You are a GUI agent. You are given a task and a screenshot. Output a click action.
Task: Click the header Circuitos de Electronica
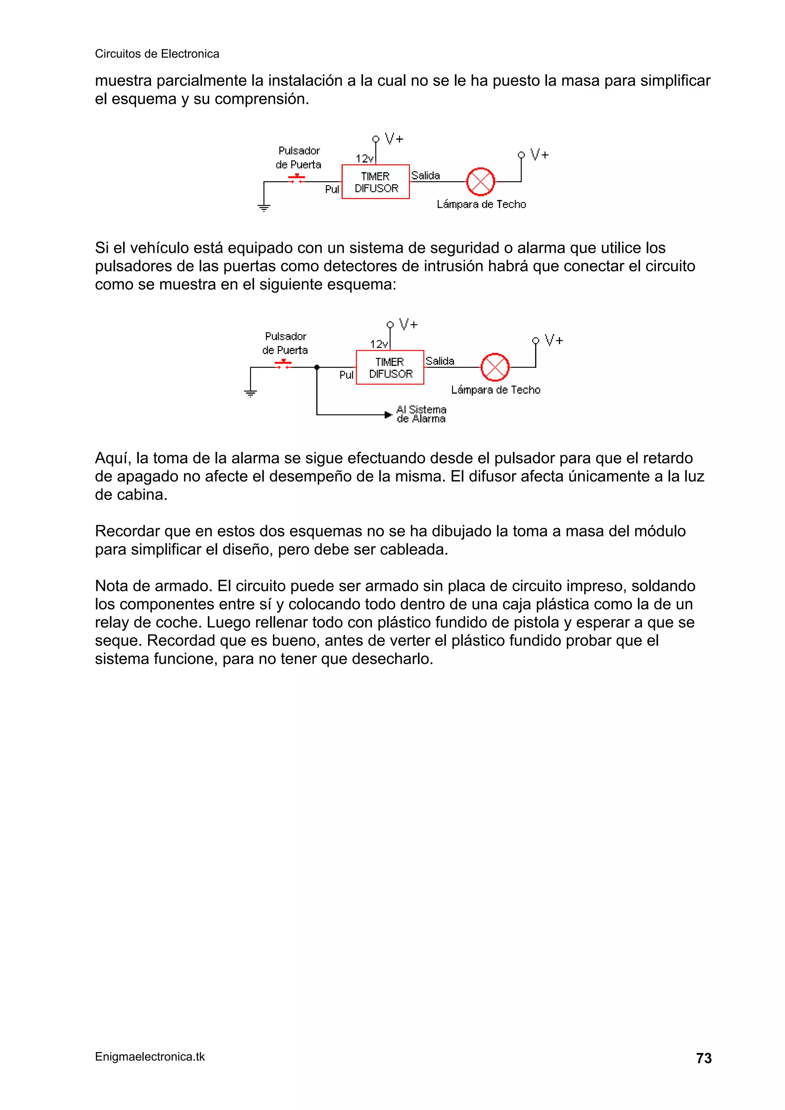click(x=157, y=54)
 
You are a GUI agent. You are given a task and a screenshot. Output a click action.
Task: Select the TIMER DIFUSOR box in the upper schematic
click(x=375, y=182)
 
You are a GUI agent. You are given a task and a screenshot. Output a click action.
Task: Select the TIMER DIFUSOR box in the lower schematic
click(x=390, y=367)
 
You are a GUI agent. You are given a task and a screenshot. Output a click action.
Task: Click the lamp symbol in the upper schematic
click(x=480, y=182)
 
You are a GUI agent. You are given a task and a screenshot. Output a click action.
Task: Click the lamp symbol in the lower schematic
click(x=495, y=367)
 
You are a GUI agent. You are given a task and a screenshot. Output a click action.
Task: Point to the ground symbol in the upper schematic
click(x=264, y=208)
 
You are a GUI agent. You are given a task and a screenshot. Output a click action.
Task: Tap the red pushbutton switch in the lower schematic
click(x=283, y=364)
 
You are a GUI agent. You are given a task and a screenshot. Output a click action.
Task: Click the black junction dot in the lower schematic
click(x=317, y=367)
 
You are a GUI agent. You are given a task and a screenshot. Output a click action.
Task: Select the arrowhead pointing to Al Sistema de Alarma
click(x=388, y=415)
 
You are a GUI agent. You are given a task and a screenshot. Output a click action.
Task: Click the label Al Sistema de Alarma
click(x=421, y=414)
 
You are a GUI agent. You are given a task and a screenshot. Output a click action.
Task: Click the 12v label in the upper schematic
click(x=364, y=159)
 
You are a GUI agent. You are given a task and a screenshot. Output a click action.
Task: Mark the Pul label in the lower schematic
click(x=346, y=375)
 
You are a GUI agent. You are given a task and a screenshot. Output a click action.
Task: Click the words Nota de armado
click(x=153, y=586)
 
